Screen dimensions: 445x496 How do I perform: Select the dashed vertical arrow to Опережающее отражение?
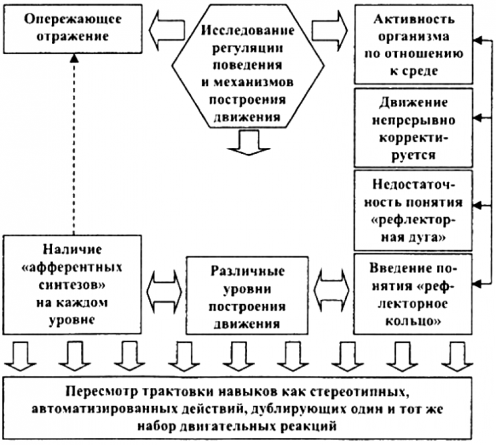(x=74, y=144)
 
